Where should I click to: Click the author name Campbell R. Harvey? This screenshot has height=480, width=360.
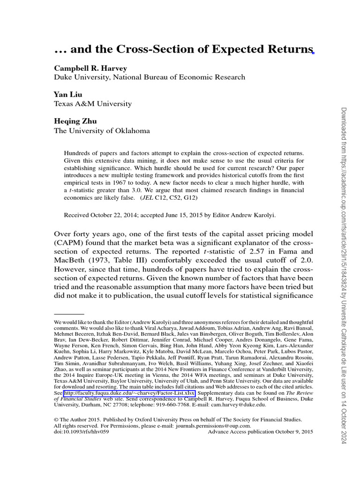pyautogui.click(x=90, y=68)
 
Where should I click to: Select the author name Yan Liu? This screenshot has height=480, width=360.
pyautogui.click(x=68, y=95)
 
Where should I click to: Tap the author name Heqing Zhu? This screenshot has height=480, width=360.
pyautogui.click(x=75, y=121)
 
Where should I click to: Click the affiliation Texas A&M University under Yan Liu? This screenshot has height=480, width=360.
pyautogui.click(x=93, y=104)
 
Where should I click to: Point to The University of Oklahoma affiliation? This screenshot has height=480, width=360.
pyautogui.click(x=102, y=131)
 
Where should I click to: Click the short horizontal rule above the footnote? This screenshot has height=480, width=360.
pyautogui.click(x=69, y=314)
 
